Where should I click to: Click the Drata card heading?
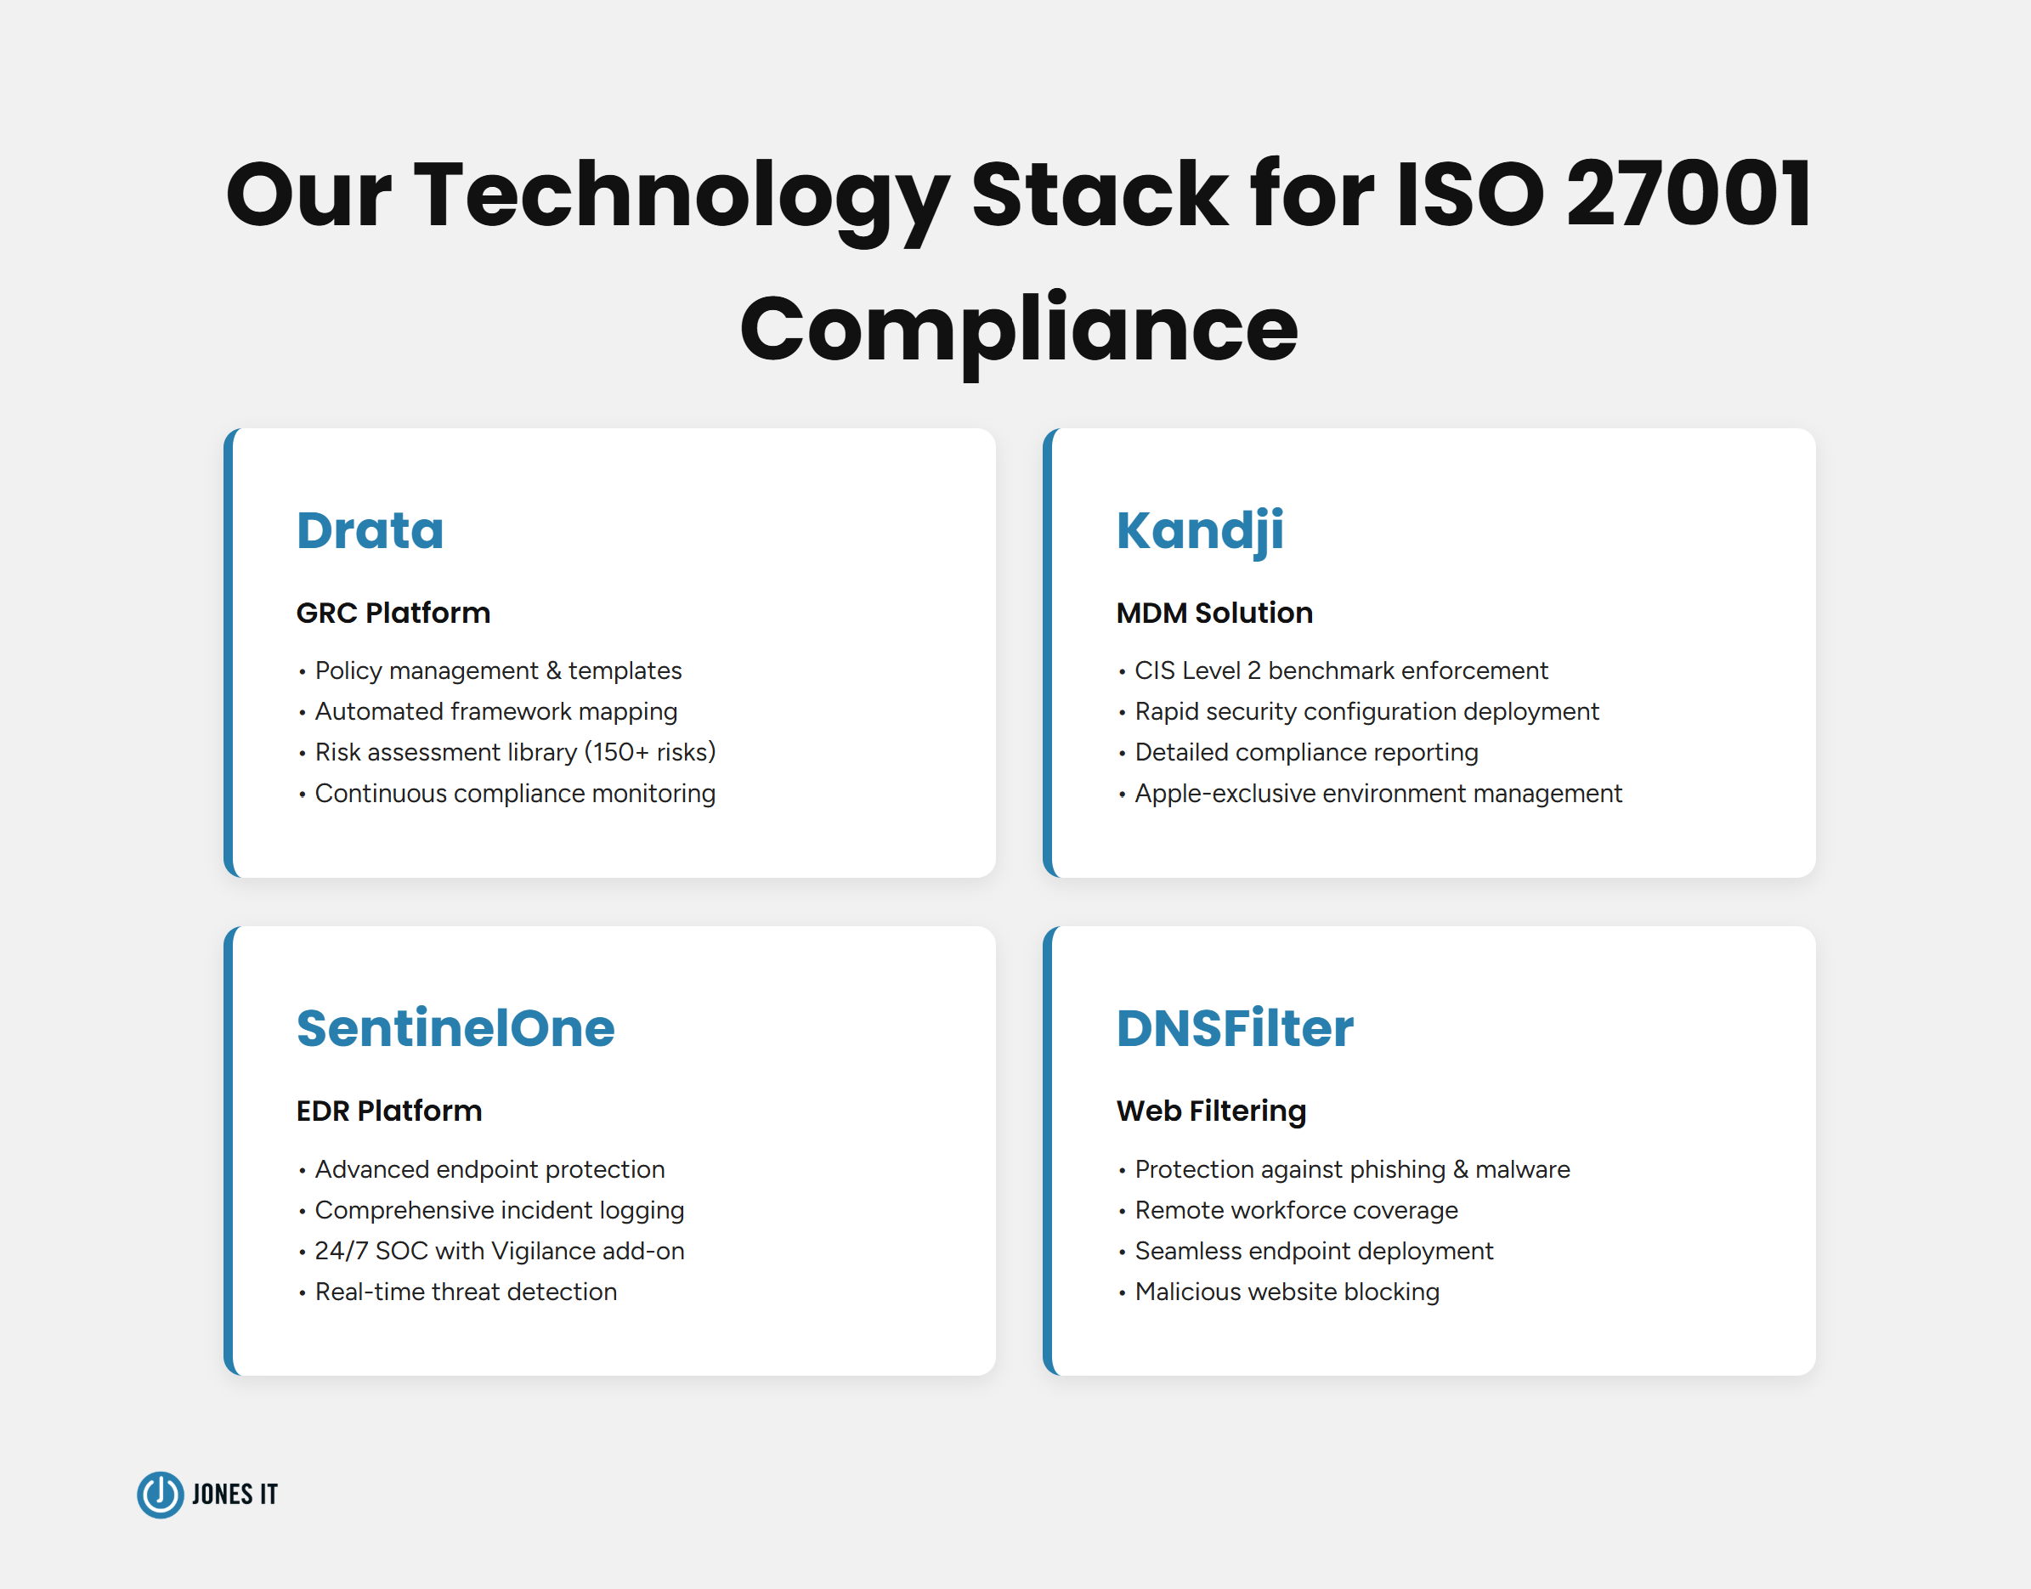(370, 531)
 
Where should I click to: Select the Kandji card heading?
(1199, 531)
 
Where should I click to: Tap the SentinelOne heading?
(455, 1029)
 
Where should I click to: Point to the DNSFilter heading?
(1235, 1029)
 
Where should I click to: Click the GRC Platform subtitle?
(393, 614)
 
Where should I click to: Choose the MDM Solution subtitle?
(1214, 614)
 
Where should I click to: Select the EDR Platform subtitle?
(389, 1111)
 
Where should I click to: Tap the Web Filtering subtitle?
(1211, 1111)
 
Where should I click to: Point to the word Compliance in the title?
(1019, 328)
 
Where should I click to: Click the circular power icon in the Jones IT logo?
(160, 1494)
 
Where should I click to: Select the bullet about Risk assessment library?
(514, 752)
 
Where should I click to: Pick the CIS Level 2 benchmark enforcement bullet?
(1341, 670)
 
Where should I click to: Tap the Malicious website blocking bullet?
(1287, 1292)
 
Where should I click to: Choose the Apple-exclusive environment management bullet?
(1378, 794)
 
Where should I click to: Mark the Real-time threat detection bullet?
(465, 1292)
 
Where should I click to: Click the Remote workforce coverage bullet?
(1296, 1210)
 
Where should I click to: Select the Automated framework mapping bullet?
(496, 712)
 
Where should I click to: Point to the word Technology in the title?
(681, 195)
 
